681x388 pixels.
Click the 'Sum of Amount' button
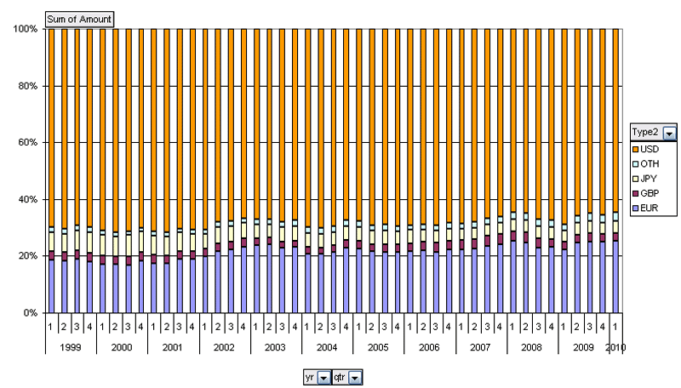[78, 20]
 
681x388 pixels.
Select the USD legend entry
[649, 150]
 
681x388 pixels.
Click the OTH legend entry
[649, 164]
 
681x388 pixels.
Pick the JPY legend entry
[649, 179]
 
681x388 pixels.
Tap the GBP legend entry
[649, 193]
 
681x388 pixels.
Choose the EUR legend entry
[649, 208]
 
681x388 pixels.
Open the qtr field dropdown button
[355, 376]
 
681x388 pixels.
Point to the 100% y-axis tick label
[24, 29]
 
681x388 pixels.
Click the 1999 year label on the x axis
[71, 347]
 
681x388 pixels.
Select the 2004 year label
[327, 347]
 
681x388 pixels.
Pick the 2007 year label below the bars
[481, 347]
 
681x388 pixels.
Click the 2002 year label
[224, 347]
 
